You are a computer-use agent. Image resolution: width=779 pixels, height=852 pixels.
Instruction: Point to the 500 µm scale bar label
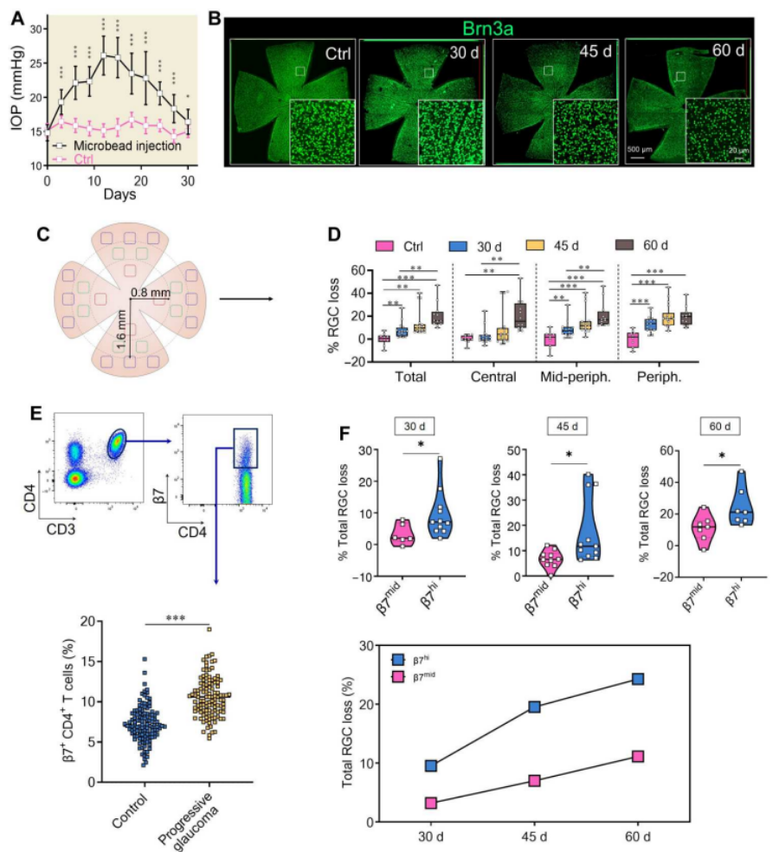[x=641, y=148]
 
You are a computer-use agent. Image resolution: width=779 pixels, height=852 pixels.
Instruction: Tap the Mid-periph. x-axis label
[x=574, y=378]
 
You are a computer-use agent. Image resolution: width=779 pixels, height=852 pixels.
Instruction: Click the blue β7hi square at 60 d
[x=638, y=679]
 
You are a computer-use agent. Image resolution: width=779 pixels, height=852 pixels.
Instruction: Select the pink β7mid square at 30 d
[x=431, y=804]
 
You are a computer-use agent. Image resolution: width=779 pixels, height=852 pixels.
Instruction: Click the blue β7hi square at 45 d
[x=534, y=707]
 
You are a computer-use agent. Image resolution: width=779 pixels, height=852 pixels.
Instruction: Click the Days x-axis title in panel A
[x=118, y=196]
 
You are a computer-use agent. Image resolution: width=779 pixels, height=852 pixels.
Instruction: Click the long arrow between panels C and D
[x=246, y=299]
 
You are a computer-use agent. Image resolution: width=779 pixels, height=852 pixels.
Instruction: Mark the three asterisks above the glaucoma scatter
[x=177, y=618]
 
